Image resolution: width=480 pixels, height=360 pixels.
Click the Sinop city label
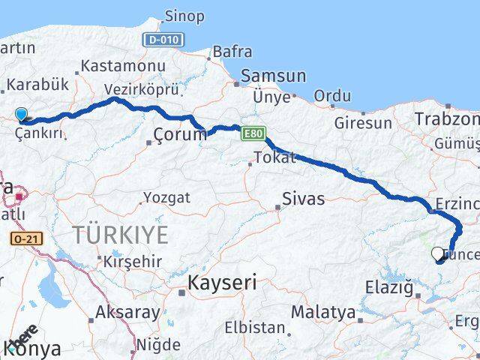click(x=184, y=16)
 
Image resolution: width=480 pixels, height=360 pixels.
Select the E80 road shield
click(x=253, y=133)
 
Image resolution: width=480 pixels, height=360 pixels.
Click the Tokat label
click(x=275, y=157)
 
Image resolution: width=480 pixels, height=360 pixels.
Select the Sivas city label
click(x=304, y=199)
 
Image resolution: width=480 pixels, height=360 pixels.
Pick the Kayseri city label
click(x=222, y=283)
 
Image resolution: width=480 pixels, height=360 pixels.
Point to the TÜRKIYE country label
click(x=120, y=235)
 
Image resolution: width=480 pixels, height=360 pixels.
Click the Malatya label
click(x=322, y=311)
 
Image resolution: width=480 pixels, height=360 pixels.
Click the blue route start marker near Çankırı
click(x=21, y=115)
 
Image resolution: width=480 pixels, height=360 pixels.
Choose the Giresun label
click(x=364, y=122)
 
